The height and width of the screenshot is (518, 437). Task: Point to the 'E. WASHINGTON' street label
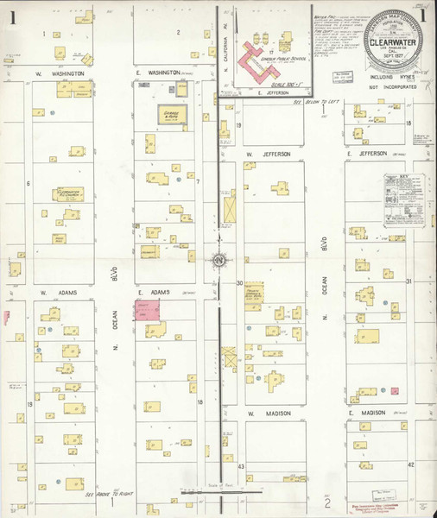coord(156,73)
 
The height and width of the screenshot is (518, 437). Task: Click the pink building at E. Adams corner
coord(149,312)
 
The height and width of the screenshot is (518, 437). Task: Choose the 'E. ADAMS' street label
coord(152,294)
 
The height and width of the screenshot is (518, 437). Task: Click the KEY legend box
coord(402,199)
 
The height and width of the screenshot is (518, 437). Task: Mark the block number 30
coord(239,282)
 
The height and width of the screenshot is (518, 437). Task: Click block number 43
coord(241,465)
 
